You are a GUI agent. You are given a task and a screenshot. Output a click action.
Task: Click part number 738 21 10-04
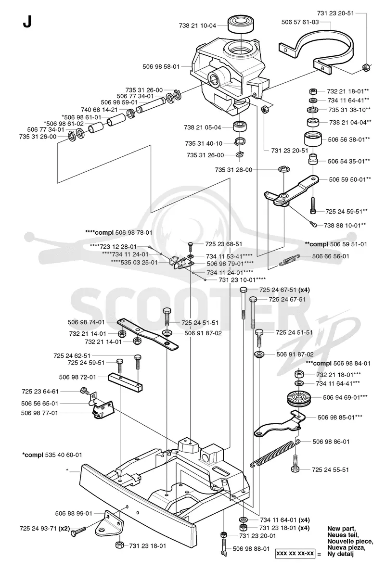coord(197,26)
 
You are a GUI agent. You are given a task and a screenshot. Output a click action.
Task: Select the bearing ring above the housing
coord(241,25)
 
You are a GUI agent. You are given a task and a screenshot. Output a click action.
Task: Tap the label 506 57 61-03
coord(300,22)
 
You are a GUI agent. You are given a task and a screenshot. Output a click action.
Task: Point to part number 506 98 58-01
coord(161,67)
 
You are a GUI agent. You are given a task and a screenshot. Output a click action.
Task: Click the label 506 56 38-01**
coord(349,139)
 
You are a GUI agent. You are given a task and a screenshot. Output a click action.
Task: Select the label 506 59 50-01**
coord(350,179)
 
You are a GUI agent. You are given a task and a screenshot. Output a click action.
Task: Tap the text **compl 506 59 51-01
coord(336,244)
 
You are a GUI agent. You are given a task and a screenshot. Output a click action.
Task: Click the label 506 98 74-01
coord(86,322)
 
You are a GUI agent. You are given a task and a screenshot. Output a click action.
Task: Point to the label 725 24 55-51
coord(330,469)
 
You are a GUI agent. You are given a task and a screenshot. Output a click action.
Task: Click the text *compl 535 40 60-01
coord(52,455)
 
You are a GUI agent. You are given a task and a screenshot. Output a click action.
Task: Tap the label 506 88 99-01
coord(74,513)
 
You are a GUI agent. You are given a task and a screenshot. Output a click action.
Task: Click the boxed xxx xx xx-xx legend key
coord(295,553)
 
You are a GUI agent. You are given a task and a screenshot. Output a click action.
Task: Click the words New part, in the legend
coord(341,529)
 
